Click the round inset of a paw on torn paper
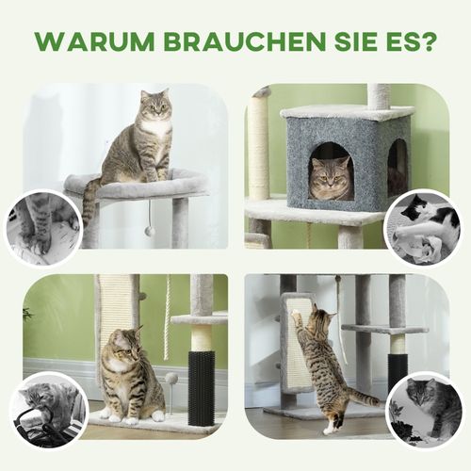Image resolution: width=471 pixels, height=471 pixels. pyautogui.click(x=42, y=226)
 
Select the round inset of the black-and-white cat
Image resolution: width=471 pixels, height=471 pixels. pyautogui.click(x=423, y=228)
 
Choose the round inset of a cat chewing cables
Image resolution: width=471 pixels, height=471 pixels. pyautogui.click(x=47, y=411)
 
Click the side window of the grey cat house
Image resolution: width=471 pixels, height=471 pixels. pyautogui.click(x=397, y=168)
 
